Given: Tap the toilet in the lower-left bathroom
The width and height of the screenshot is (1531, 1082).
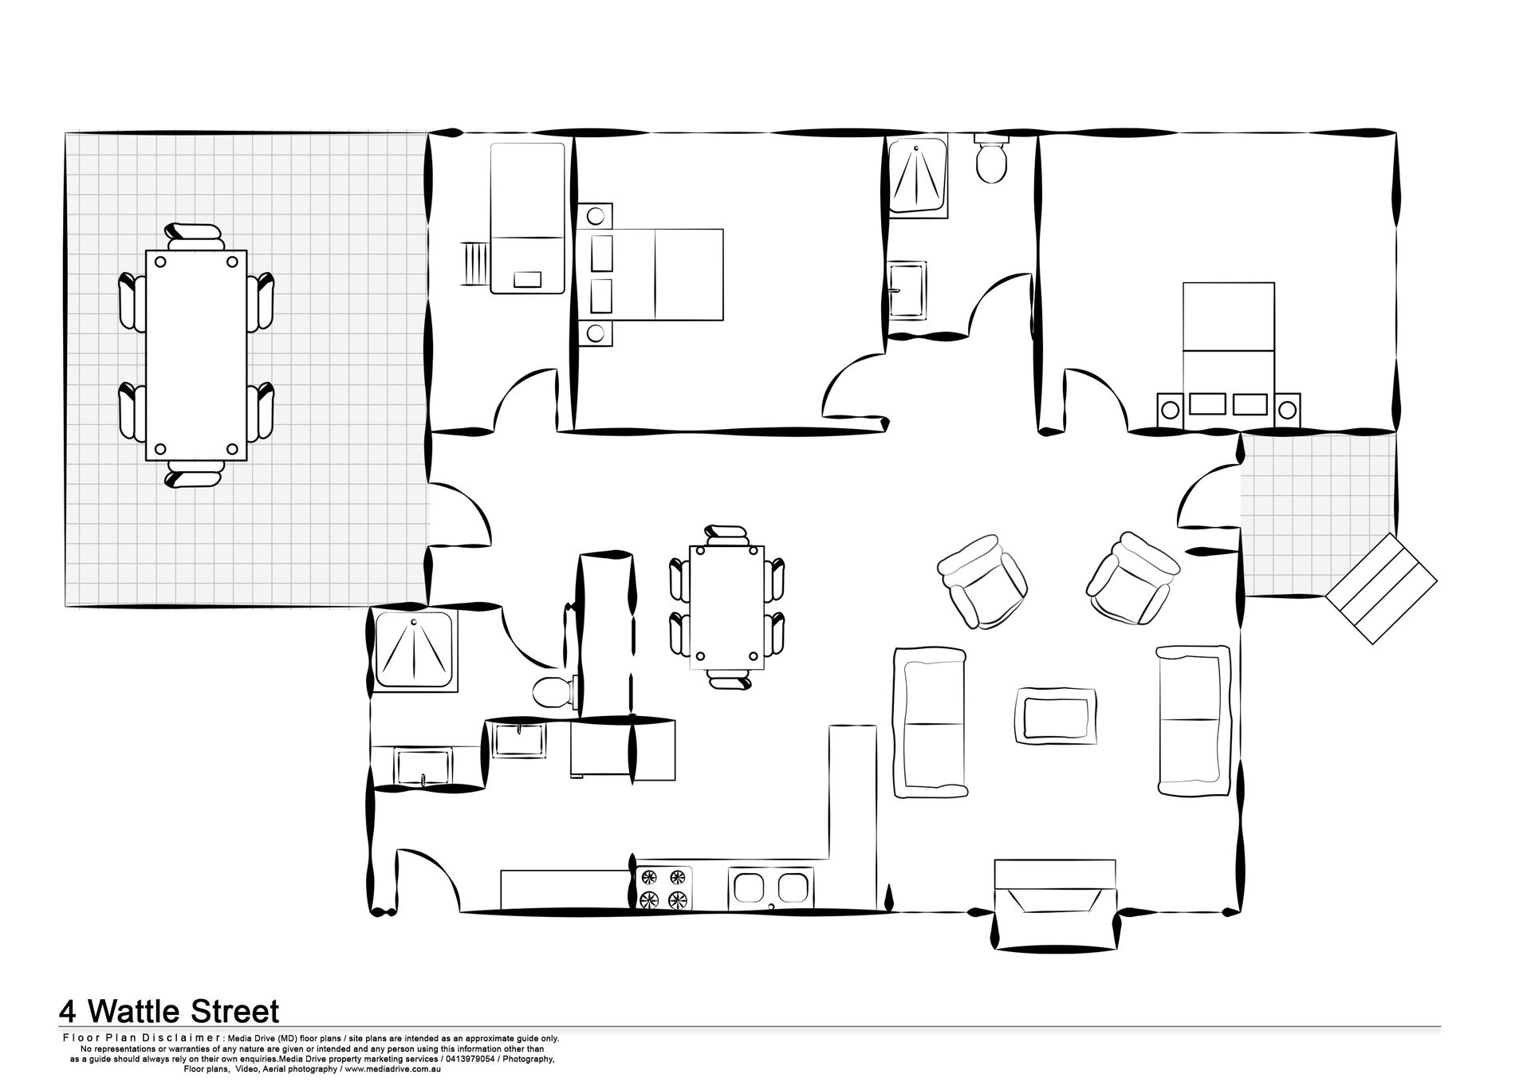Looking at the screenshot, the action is pyautogui.click(x=551, y=691).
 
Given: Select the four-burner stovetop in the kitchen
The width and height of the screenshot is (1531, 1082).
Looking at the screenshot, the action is pyautogui.click(x=664, y=888).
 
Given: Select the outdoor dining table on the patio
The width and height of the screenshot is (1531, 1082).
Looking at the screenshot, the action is pyautogui.click(x=196, y=356).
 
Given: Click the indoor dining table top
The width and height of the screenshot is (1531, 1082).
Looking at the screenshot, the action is pyautogui.click(x=726, y=608).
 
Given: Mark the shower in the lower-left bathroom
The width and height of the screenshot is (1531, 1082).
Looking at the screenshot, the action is pyautogui.click(x=415, y=650).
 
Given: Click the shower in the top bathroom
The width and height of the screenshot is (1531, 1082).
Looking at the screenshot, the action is pyautogui.click(x=918, y=175).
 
